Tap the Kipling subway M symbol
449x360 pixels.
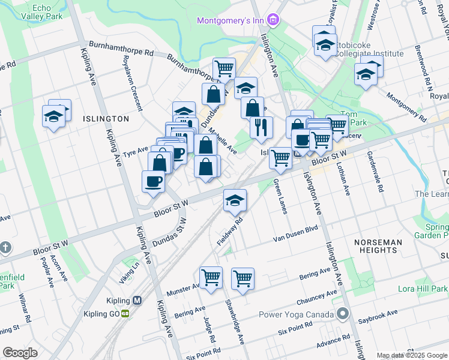[x=137, y=301]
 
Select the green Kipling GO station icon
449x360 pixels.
[x=126, y=313]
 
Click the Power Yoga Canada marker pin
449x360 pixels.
[x=342, y=314]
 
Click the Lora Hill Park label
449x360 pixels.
[x=420, y=289]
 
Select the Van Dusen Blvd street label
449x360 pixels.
[x=295, y=233]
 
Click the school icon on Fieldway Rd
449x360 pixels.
[x=235, y=200]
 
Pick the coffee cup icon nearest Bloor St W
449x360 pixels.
[x=153, y=181]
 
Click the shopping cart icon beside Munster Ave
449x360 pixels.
[x=211, y=278]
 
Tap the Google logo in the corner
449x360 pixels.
[x=20, y=352]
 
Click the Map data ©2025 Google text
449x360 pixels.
[x=411, y=355]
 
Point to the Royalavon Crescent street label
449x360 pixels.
[x=133, y=84]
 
